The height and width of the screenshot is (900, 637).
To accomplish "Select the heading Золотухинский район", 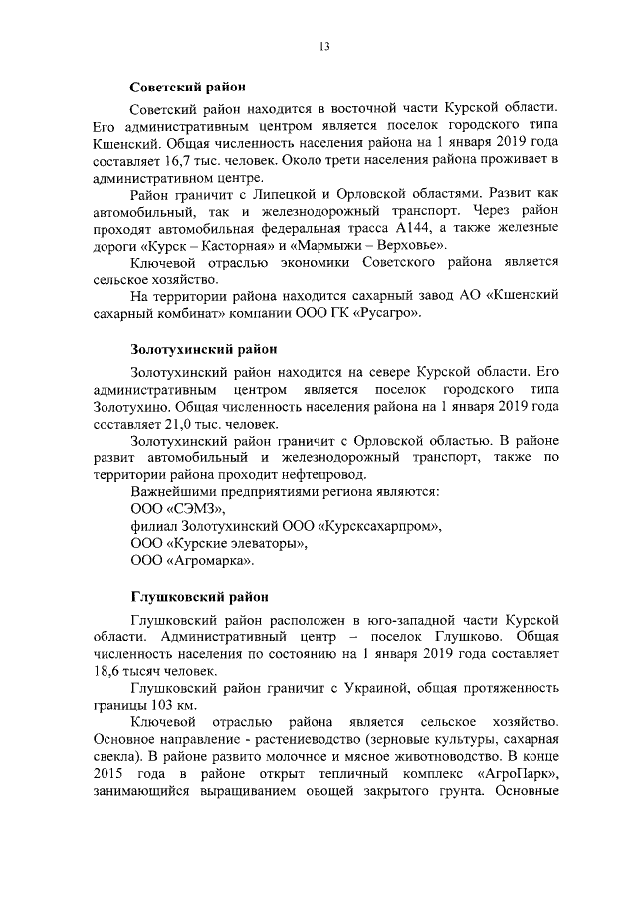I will pos(203,349).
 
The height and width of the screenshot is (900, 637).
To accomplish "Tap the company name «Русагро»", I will pos(387,314).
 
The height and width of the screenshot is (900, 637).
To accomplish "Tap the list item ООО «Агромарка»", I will pos(192,562).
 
